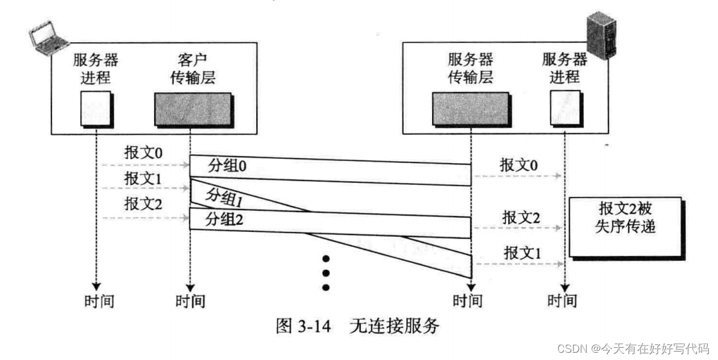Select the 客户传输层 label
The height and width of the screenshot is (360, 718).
192,68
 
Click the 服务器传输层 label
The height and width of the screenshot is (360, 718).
470,68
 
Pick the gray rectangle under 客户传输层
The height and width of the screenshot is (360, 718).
193,109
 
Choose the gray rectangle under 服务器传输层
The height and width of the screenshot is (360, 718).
470,109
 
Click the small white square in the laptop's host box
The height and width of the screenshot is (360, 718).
95,108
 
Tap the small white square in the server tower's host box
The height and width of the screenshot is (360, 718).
564,108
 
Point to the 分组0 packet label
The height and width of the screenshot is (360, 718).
227,166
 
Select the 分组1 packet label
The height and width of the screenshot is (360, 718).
224,196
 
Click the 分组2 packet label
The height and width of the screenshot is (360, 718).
224,219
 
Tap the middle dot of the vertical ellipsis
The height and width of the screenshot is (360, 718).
326,272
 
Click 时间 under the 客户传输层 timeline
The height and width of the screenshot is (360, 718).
190,300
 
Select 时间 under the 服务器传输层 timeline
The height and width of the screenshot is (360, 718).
468,300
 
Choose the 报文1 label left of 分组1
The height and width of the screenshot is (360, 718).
143,179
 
